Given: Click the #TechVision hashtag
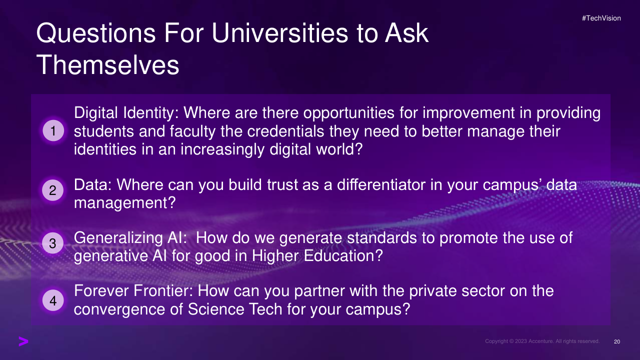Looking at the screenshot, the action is [x=601, y=18].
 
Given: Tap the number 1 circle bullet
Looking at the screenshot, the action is [x=53, y=131].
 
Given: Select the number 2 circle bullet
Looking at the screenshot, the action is [x=53, y=190].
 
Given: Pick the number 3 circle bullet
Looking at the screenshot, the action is [x=53, y=243].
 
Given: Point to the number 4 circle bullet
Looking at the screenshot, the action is [x=53, y=300].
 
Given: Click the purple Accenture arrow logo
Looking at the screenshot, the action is [x=23, y=341].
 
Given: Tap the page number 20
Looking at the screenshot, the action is [x=617, y=341].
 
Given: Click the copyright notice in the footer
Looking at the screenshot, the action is [x=542, y=341].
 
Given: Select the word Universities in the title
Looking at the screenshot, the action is [x=279, y=33].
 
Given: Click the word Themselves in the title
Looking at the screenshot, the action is [x=107, y=65].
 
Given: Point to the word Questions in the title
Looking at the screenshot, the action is [x=96, y=33].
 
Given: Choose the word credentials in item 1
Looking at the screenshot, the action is [x=285, y=131].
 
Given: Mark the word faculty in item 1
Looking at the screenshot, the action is [x=192, y=132].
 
